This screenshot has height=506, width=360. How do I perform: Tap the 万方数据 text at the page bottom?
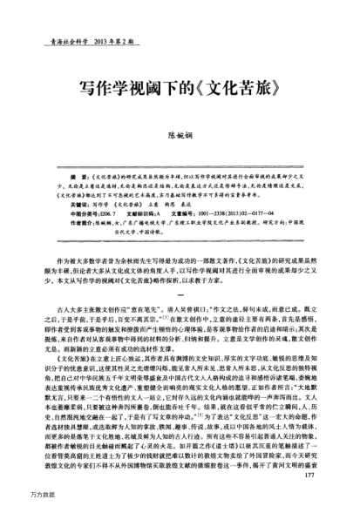[x=17, y=498]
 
